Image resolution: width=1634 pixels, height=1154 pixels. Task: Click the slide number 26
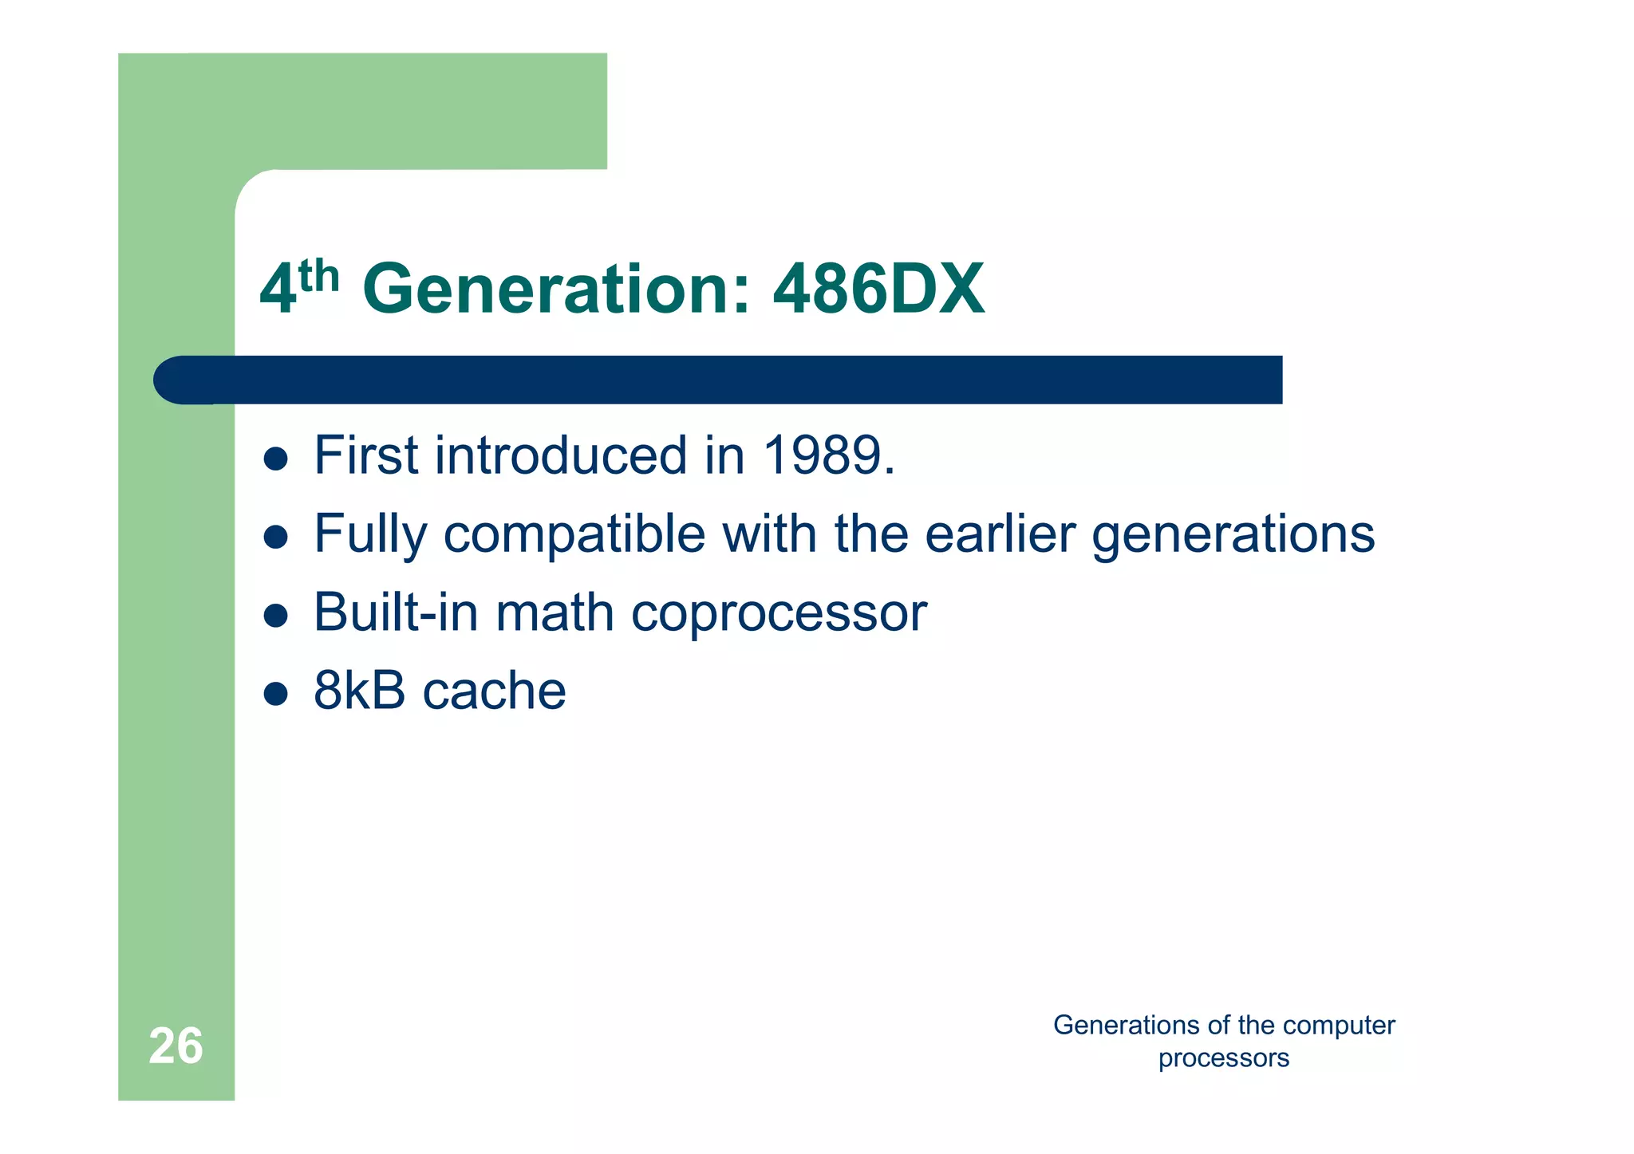[176, 1046]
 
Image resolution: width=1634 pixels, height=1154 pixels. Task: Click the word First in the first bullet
[365, 455]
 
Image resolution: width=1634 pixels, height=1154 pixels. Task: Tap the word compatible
[574, 534]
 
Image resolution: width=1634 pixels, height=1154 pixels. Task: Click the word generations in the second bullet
[1233, 534]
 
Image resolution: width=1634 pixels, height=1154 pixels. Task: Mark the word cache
[494, 691]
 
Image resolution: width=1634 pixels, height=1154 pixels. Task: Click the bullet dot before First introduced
[275, 459]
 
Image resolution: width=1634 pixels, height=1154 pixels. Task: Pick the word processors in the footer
[1223, 1058]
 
